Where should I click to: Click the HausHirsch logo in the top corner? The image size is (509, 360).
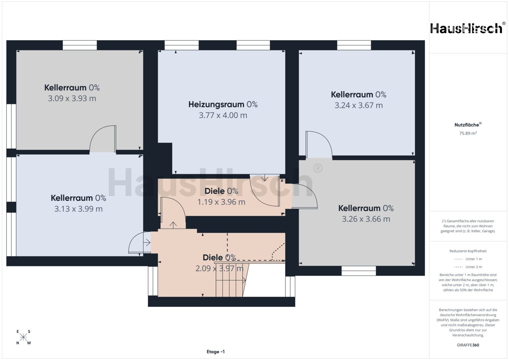[x=467, y=29]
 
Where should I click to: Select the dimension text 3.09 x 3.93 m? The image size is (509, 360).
[x=72, y=98]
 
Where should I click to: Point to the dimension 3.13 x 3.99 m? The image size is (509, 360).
[x=78, y=209]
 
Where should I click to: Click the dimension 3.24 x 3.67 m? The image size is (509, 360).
[x=359, y=105]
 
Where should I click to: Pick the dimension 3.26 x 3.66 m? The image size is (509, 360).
[x=366, y=219]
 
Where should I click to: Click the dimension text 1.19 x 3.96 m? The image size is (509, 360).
[x=221, y=202]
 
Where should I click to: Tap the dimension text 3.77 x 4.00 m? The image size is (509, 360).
[x=223, y=115]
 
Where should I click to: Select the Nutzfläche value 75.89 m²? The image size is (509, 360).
[x=468, y=133]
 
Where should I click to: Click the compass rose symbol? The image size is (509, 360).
[x=23, y=337]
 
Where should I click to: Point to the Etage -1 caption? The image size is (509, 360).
[x=216, y=352]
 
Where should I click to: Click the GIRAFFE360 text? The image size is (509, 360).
[x=468, y=345]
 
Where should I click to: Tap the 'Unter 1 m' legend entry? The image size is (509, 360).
[x=468, y=259]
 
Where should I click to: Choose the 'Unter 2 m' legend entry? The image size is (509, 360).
[x=468, y=267]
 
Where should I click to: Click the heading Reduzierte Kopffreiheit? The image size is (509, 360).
[x=468, y=251]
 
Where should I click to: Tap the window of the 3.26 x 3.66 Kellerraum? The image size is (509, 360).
[x=359, y=271]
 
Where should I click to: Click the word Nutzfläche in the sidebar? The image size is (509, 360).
[x=467, y=125]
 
